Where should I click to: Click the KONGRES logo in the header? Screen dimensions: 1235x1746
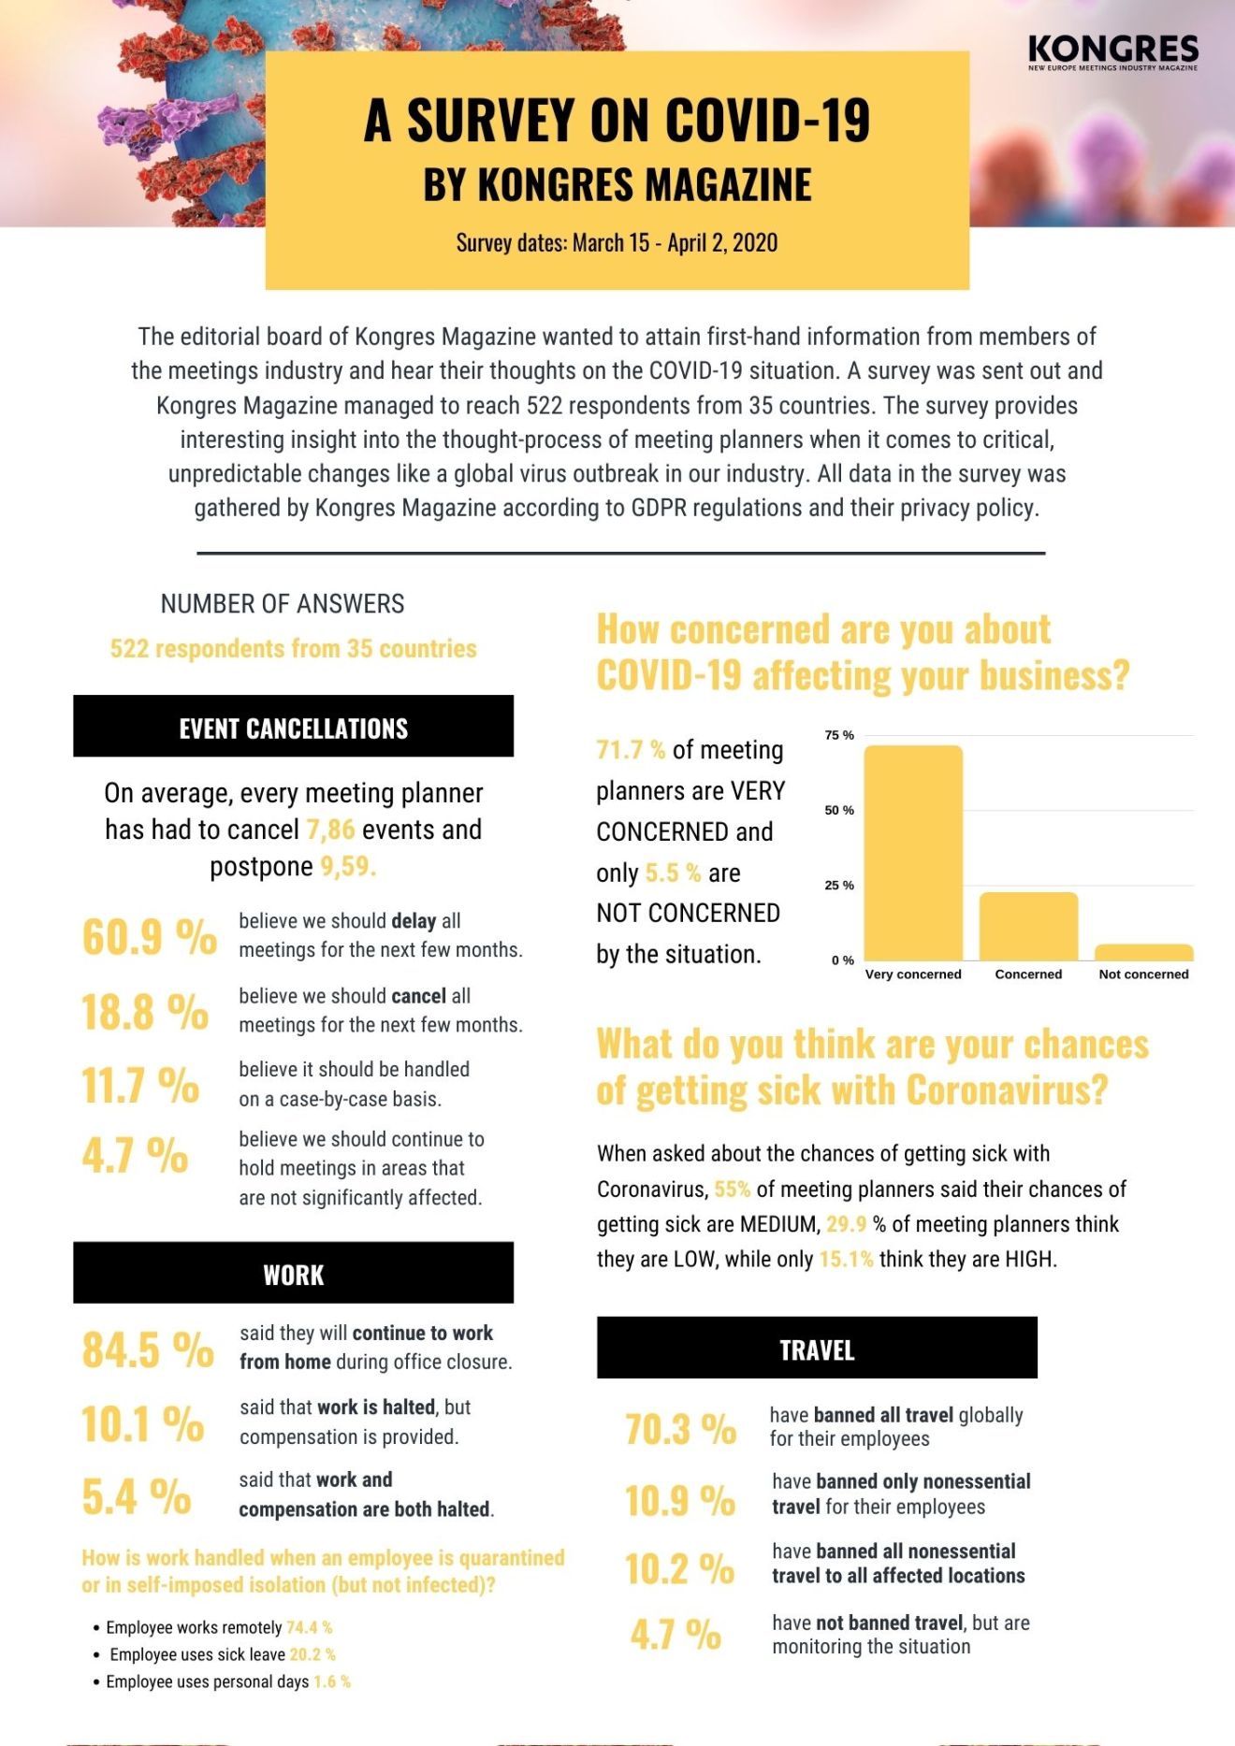(x=1112, y=52)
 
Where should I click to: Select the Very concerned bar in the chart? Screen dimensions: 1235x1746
(x=913, y=853)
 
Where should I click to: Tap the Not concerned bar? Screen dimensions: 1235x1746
(x=1143, y=952)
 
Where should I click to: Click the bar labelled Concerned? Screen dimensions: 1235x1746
(x=1028, y=926)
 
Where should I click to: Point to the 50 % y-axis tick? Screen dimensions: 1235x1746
(x=839, y=810)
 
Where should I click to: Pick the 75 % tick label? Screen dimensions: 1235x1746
(x=839, y=735)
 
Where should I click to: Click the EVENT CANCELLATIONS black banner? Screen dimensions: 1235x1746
(x=293, y=726)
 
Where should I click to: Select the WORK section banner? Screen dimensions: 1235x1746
(x=293, y=1273)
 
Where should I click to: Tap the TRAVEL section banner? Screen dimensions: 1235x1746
(x=817, y=1348)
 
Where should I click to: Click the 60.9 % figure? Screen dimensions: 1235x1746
(x=150, y=936)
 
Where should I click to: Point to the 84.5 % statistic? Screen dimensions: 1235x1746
(x=148, y=1349)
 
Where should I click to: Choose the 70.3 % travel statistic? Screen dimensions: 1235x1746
(x=681, y=1429)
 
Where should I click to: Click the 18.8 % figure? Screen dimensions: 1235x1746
(x=145, y=1012)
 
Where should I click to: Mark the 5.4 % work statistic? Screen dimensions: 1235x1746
(x=137, y=1496)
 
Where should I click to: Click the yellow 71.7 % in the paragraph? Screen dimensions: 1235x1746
(x=631, y=750)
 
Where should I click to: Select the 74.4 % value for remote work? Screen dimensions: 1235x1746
(x=310, y=1627)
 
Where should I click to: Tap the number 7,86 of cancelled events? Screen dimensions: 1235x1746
(x=330, y=830)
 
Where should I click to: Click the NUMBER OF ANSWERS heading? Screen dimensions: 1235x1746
(x=283, y=604)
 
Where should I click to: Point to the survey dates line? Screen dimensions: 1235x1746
(x=617, y=243)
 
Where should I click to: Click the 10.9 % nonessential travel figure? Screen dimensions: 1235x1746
(x=680, y=1501)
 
